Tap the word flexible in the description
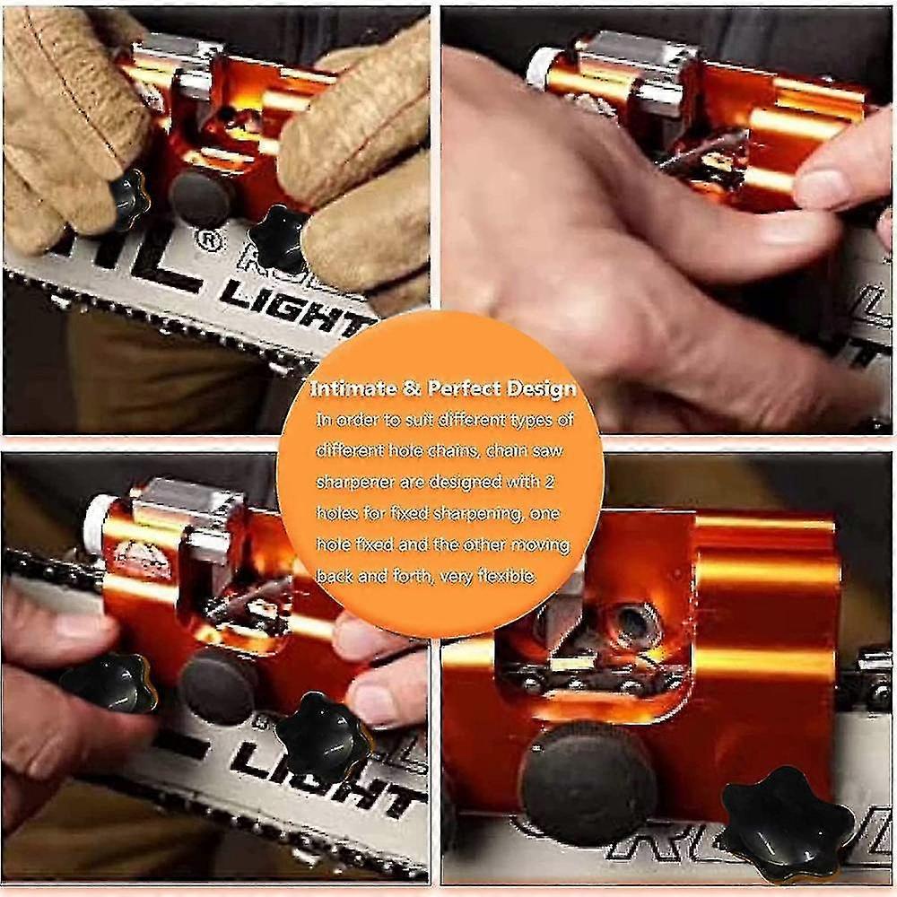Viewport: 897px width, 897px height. [x=504, y=577]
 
